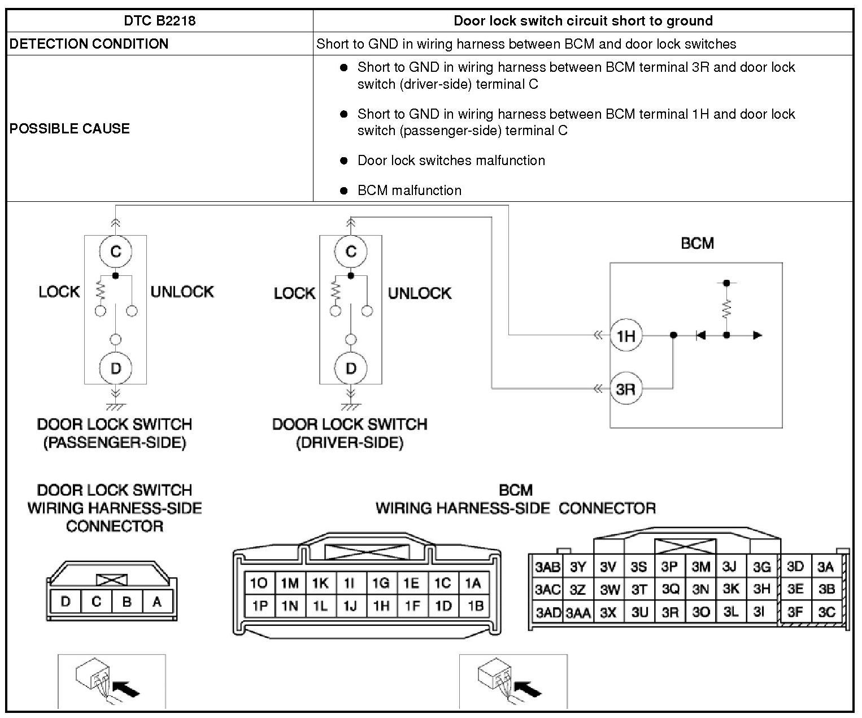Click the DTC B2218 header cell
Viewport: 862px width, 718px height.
(x=159, y=21)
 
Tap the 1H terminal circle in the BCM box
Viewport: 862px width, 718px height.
(x=626, y=336)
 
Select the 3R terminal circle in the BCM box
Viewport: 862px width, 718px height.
(x=626, y=389)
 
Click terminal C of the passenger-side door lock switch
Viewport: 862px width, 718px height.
(x=116, y=252)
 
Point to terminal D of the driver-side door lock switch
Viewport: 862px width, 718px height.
(x=351, y=369)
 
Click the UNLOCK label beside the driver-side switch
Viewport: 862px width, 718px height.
(x=419, y=293)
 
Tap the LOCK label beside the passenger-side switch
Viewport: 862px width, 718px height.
(x=59, y=292)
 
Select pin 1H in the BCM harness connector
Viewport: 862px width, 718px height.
(x=381, y=606)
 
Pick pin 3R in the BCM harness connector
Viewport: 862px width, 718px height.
(x=670, y=612)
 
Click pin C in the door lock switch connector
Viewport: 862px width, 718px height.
(x=96, y=602)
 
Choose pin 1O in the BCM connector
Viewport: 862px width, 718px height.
(x=259, y=583)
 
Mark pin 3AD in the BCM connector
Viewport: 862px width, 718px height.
(x=548, y=612)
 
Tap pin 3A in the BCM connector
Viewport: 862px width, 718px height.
(x=826, y=566)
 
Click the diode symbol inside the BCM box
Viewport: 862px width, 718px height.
(x=700, y=335)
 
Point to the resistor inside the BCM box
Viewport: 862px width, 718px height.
(x=726, y=309)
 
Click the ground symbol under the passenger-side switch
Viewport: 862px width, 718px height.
(x=116, y=406)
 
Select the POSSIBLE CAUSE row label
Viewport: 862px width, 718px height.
(x=70, y=128)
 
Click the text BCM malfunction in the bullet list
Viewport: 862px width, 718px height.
(x=409, y=190)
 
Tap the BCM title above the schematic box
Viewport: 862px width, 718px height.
(x=697, y=243)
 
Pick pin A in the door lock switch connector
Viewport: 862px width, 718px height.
(x=157, y=602)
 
